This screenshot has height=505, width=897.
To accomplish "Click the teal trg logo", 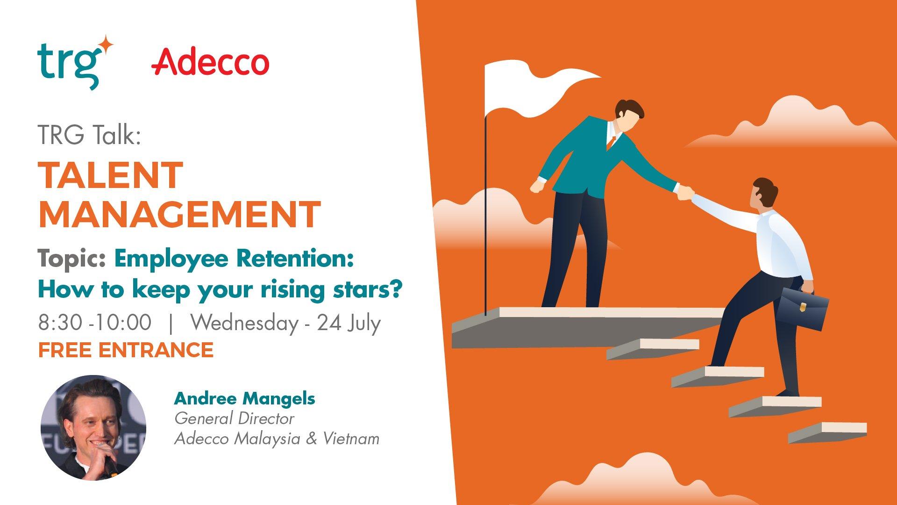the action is (x=75, y=64).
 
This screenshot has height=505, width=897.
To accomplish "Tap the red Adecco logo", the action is (x=210, y=63).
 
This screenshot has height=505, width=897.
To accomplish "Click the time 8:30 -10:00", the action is (x=95, y=323).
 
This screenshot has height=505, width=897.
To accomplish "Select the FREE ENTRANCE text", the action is (x=126, y=350).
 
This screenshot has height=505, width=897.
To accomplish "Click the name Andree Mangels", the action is (x=244, y=399).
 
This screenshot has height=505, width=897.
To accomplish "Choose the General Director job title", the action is (x=234, y=418).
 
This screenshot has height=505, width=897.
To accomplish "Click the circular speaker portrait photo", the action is (x=93, y=427).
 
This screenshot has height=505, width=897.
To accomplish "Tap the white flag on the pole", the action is (x=537, y=89).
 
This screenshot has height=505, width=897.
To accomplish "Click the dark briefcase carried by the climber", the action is (x=803, y=309).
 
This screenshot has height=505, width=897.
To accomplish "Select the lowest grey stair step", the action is (x=827, y=433).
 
